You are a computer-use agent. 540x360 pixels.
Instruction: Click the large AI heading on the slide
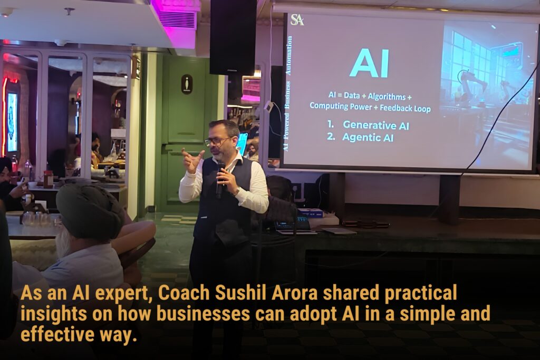[369, 64]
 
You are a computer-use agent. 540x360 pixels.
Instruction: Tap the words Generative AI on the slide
[376, 125]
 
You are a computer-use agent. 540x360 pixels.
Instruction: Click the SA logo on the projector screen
[297, 20]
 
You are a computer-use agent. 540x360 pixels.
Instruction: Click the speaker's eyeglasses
[217, 141]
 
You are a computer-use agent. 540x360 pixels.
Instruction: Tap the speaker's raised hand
[192, 160]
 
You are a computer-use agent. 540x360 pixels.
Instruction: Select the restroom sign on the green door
[187, 84]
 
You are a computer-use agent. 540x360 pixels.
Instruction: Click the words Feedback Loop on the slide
[405, 108]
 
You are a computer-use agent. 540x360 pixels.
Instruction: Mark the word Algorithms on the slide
[387, 96]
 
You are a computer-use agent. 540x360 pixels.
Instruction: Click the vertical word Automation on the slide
[288, 55]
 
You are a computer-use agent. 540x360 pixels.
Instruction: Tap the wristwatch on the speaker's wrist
[237, 191]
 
